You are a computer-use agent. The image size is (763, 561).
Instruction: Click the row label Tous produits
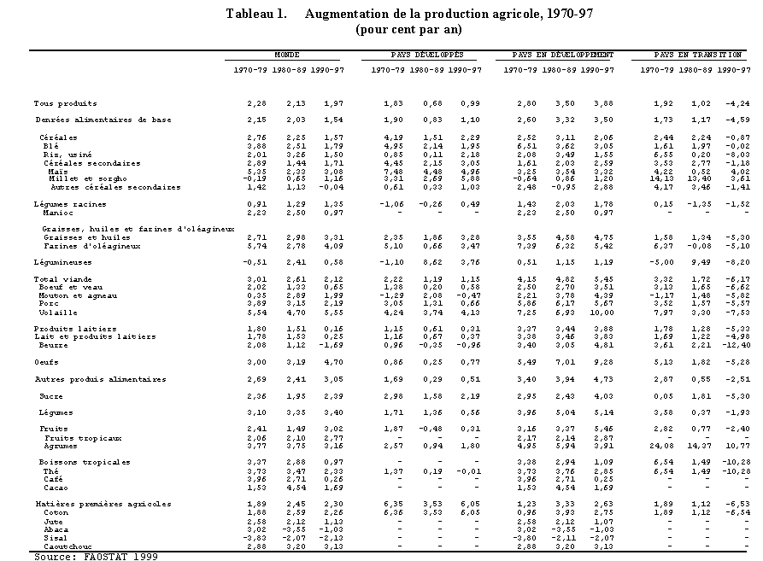tap(65, 103)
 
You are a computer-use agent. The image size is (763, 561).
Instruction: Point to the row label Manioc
tap(58, 213)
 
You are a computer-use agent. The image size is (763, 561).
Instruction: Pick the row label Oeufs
tap(46, 362)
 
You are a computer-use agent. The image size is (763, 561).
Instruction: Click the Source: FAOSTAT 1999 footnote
tap(96, 556)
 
